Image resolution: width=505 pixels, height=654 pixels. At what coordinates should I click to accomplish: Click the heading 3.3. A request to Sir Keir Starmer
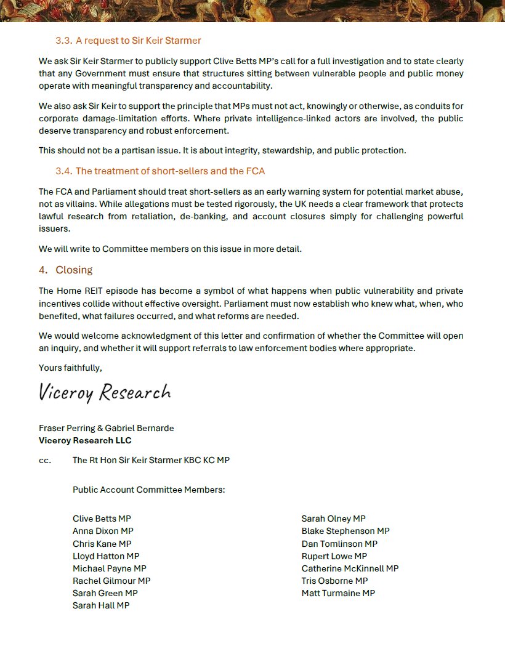pos(128,41)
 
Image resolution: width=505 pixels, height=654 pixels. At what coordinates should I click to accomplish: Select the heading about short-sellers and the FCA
pos(160,171)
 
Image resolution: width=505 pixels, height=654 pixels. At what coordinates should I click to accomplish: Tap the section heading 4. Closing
pos(65,270)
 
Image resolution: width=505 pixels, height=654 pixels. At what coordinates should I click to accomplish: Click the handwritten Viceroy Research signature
pos(105,392)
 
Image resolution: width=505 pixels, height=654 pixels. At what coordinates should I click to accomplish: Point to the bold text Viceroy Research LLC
pos(85,440)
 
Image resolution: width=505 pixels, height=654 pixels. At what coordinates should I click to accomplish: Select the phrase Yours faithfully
pos(70,368)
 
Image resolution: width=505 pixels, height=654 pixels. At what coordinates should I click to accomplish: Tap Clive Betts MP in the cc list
pos(102,519)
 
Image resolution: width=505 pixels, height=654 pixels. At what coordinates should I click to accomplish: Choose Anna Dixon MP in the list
pos(103,531)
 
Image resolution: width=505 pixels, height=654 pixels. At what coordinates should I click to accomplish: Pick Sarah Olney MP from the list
pos(333,519)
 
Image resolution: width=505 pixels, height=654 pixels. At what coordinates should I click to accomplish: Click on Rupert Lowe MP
pos(334,556)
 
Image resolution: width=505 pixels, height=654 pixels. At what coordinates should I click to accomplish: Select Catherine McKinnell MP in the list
pos(350,568)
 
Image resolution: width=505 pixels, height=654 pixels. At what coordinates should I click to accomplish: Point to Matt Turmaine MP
pos(338,593)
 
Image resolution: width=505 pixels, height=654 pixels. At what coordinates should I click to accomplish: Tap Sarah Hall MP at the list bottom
pos(101,605)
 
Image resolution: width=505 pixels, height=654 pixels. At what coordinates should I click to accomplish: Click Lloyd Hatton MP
pos(106,556)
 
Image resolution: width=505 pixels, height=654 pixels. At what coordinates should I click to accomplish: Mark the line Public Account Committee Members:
pos(149,490)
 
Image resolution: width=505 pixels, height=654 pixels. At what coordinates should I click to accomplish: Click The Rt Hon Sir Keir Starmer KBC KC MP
pos(151,460)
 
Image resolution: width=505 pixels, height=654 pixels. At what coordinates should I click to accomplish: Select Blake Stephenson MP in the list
pos(345,531)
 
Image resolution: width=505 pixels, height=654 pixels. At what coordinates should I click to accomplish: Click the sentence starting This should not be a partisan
pos(222,150)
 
